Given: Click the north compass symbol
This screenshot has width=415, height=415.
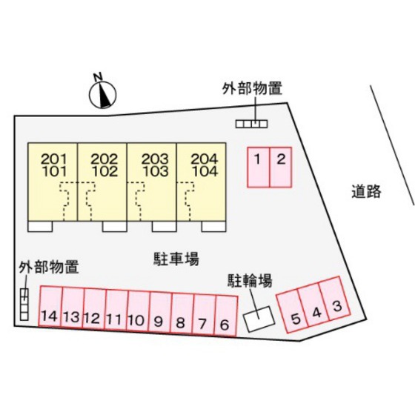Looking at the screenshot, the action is point(102,93).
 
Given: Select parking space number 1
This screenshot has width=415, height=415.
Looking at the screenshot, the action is point(259,167).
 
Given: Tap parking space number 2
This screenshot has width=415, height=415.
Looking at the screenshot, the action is point(281,167).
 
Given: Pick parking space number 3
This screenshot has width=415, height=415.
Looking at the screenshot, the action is point(334,299).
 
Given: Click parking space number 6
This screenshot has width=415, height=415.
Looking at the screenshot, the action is point(226,316).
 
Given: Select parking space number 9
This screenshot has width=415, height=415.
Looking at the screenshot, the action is point(160,312).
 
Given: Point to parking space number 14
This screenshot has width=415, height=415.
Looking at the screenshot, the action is point(50,306).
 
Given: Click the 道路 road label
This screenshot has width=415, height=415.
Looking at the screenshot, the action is point(366,191).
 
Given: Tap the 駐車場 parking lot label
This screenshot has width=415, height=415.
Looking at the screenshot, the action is point(176,259).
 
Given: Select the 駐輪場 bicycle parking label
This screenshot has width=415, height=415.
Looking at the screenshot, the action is point(250,281).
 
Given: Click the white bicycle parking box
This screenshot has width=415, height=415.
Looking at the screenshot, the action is point(259,319).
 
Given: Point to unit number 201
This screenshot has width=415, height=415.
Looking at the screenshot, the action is point(54,159).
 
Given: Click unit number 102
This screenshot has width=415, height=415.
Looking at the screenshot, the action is point(104,171).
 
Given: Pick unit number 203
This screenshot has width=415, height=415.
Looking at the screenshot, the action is point(155,159).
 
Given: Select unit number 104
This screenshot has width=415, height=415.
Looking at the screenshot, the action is point(205,171).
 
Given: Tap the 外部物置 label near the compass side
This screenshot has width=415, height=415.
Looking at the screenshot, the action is point(252,88).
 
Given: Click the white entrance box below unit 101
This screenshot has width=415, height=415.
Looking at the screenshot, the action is point(40,227).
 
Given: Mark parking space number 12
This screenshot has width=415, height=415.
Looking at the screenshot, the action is point(94,309).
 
